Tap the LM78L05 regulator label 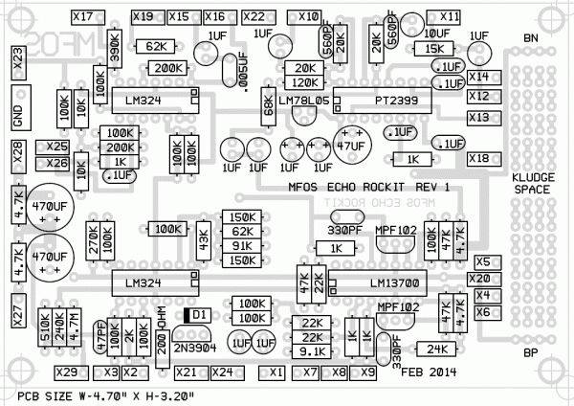click(302, 99)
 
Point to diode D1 click(197, 314)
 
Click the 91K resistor click(241, 246)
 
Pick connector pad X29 click(66, 372)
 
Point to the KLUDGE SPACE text click(531, 185)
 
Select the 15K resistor click(433, 47)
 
